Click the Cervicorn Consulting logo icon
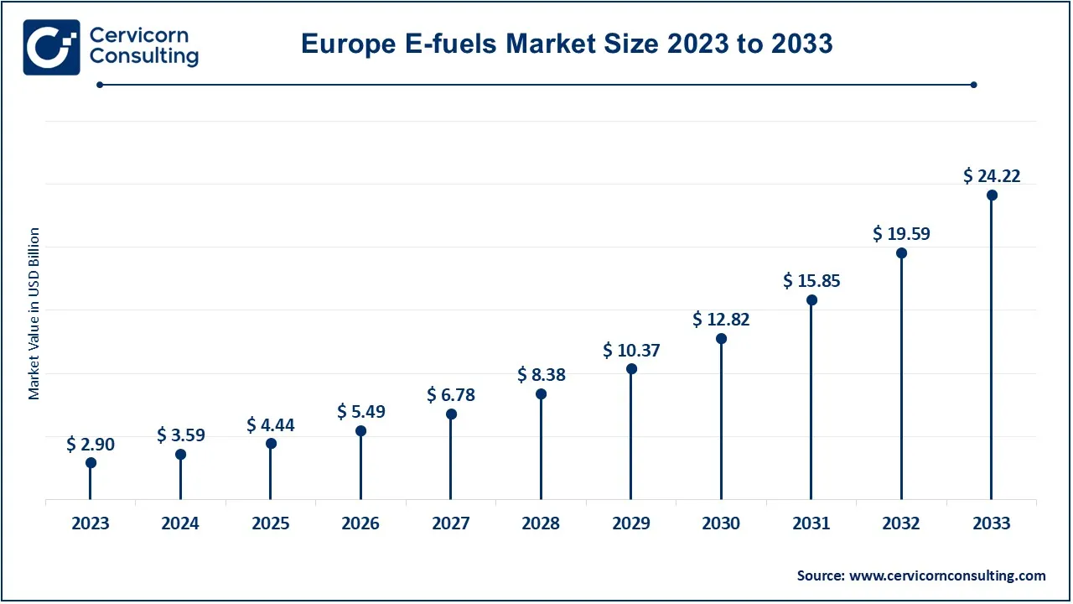pos(51,47)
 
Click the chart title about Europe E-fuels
pos(567,44)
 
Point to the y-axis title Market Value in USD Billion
pos(34,313)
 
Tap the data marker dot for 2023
pos(91,462)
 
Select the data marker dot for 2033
pos(992,195)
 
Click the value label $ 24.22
pos(992,176)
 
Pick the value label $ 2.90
pos(91,445)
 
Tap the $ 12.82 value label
pos(721,320)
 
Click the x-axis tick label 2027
pos(451,523)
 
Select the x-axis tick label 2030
pos(721,523)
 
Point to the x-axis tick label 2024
pos(180,523)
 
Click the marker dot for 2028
pos(541,393)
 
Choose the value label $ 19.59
pos(901,234)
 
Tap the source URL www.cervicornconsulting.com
pos(947,575)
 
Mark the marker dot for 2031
pos(811,299)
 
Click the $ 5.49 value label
pos(360,412)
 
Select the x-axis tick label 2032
pos(901,523)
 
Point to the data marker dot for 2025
pos(271,443)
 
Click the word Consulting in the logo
pos(143,57)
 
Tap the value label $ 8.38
pos(541,375)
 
